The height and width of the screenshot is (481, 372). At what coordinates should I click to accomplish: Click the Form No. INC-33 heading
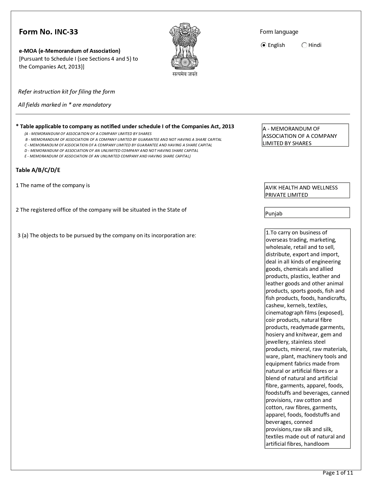pos(48,32)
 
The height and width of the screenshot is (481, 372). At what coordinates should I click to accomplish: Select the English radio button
pos(264,45)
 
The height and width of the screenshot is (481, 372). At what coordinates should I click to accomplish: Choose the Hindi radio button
pos(304,45)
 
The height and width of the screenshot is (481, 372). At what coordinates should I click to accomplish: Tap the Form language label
pos(279,32)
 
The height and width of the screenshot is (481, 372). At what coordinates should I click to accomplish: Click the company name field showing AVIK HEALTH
pos(307,191)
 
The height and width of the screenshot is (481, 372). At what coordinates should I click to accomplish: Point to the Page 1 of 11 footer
pos(338,473)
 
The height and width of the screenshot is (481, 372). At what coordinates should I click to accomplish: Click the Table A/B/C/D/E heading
pos(38,170)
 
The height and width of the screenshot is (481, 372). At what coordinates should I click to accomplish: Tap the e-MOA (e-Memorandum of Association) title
pos(70,51)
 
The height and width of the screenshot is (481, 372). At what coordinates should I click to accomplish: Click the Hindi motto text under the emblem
pos(185,74)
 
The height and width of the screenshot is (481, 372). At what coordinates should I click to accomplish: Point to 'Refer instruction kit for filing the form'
pos(67,92)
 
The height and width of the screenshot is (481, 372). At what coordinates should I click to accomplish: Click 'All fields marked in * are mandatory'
pos(64,105)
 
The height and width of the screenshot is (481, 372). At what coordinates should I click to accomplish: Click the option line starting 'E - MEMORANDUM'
pos(107,156)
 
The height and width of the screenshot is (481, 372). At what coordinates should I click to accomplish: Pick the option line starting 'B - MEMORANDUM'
pos(123,139)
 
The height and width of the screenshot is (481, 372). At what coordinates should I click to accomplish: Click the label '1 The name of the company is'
pos(53,185)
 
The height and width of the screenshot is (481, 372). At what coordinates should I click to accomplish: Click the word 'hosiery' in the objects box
pos(275,334)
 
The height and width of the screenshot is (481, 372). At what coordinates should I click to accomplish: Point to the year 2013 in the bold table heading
pos(228,126)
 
